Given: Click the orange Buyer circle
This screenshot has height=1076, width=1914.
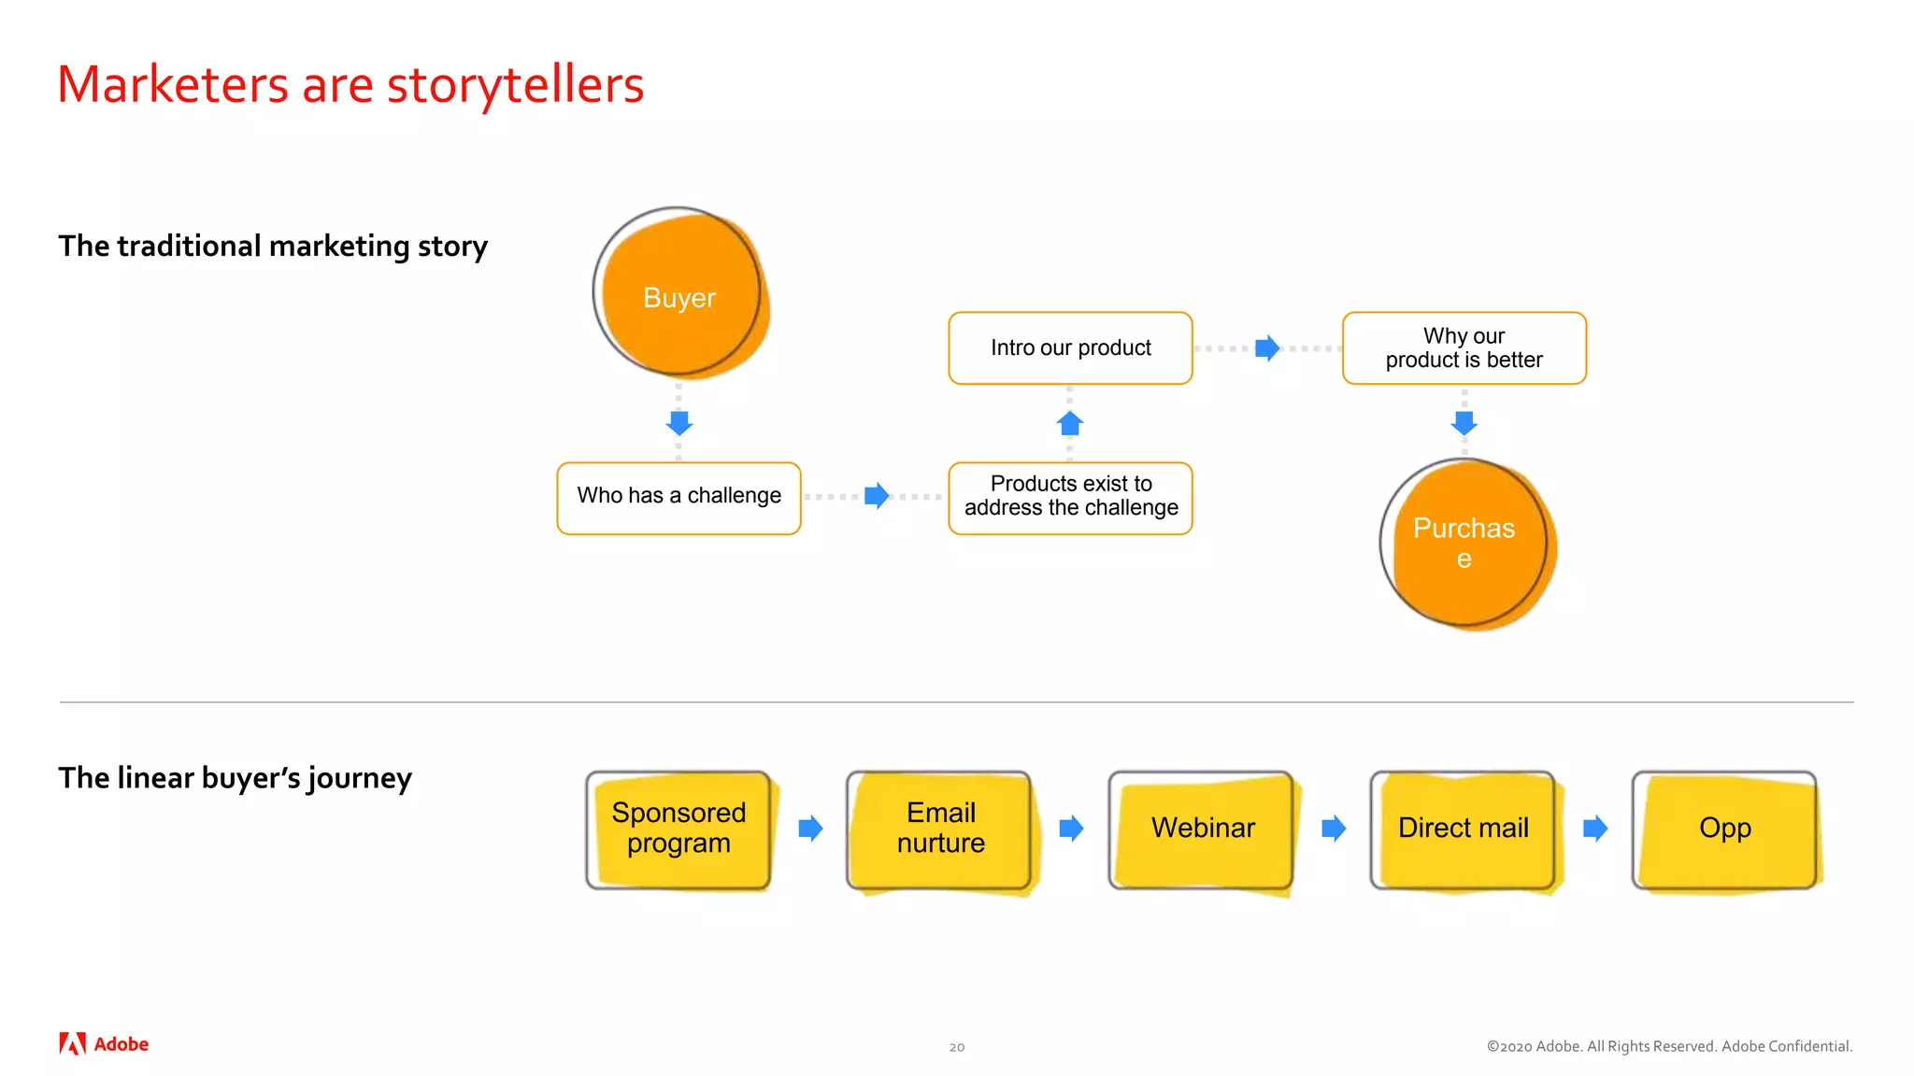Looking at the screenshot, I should [x=680, y=294].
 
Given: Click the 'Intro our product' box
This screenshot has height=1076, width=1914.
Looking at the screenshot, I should [x=1070, y=348].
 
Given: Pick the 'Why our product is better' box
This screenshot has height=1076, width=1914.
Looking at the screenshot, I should [x=1464, y=348].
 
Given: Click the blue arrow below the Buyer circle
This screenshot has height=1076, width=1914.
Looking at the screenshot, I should [x=679, y=422].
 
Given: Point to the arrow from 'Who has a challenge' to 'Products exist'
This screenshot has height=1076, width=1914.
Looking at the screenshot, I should [x=876, y=496].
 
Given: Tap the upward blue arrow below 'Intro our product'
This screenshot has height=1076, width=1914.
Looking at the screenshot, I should [x=1070, y=423].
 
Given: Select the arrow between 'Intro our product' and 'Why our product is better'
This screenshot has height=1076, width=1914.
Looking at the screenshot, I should [x=1266, y=348].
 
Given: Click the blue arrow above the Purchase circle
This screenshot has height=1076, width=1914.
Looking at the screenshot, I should [x=1464, y=422].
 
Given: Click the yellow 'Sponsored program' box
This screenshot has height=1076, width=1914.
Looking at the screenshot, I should [x=679, y=829].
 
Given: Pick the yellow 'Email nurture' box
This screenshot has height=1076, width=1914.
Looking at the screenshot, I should [x=940, y=829].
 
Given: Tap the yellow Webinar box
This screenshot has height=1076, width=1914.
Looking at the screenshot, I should [x=1202, y=829].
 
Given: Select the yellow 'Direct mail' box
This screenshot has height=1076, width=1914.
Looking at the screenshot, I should [x=1464, y=829].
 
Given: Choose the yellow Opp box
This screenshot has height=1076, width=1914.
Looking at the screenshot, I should [x=1725, y=829].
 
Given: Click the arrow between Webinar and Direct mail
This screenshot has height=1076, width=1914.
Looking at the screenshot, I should [x=1334, y=828].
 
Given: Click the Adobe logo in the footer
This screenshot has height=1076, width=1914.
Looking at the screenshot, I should [x=104, y=1044].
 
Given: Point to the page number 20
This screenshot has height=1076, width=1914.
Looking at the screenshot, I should [x=956, y=1047].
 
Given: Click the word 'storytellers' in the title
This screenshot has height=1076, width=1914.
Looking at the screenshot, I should [x=515, y=85].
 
